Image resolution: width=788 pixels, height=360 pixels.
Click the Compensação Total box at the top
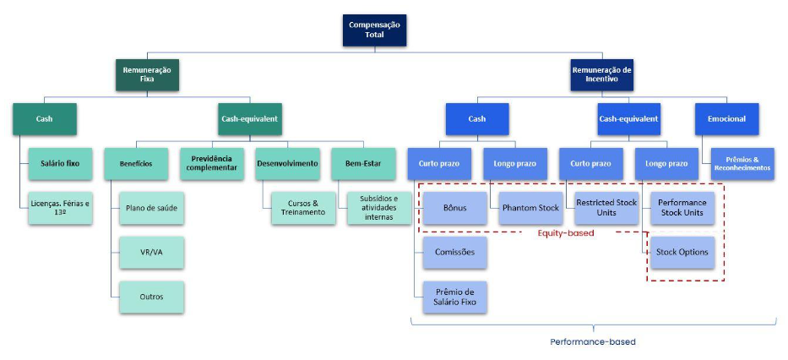(376, 30)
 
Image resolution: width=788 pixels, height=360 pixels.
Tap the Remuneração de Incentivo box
(602, 75)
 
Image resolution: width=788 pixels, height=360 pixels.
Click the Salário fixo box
(60, 163)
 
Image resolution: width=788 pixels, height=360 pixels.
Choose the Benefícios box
(136, 163)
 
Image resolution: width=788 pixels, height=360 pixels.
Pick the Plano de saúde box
(152, 208)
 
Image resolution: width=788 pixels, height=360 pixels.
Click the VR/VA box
(152, 252)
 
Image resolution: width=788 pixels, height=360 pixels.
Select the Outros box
(152, 297)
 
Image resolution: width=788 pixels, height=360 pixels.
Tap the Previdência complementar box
(211, 163)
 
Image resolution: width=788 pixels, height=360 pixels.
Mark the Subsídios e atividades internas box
(378, 208)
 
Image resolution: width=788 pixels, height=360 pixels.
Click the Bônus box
(455, 208)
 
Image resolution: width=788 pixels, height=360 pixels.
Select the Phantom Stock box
(531, 208)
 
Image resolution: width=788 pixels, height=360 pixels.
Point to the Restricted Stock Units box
(606, 208)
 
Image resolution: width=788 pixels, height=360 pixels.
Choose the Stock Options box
(682, 253)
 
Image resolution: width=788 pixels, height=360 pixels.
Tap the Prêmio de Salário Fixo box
(455, 297)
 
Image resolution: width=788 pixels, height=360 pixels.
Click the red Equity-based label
(565, 233)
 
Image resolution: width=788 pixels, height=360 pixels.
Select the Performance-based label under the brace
(592, 342)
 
